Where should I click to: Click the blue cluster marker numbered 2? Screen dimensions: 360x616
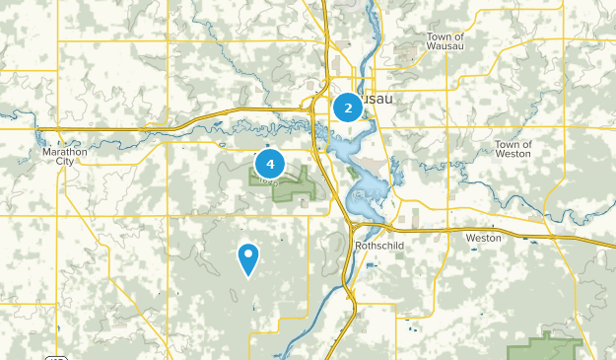tap(348, 107)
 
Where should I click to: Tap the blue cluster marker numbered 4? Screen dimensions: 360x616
tap(269, 163)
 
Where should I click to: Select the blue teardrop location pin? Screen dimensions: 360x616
tap(248, 258)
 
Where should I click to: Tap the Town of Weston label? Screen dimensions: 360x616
tap(513, 149)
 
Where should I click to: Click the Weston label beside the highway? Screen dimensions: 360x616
tap(483, 238)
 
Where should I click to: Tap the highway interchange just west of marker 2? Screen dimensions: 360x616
tap(319, 106)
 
